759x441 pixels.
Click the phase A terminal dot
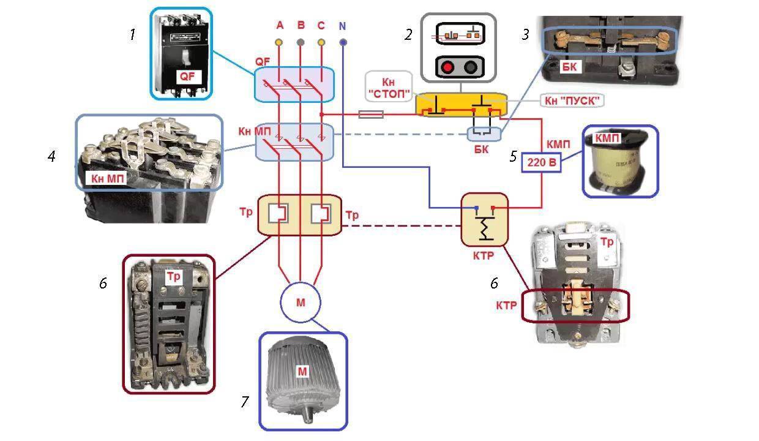click(279, 42)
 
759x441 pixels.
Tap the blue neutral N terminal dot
click(343, 42)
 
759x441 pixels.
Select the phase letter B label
click(301, 26)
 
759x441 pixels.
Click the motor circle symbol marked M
click(301, 302)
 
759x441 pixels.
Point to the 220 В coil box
click(540, 163)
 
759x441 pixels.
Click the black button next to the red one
click(471, 67)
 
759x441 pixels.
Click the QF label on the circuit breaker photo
click(187, 76)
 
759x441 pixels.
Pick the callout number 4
click(51, 157)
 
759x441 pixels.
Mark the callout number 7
click(245, 402)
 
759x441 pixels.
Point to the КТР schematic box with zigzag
click(484, 219)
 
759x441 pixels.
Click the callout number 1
click(132, 35)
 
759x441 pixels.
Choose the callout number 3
click(525, 35)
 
